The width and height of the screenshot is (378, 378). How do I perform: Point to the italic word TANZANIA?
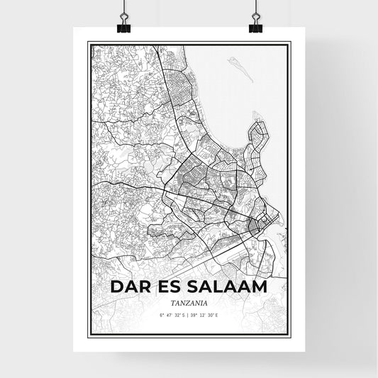189,301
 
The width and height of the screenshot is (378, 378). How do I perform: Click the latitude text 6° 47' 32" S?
172,314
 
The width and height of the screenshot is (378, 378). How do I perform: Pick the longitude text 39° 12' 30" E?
206,314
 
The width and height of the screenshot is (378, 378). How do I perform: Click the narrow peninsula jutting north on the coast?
257,134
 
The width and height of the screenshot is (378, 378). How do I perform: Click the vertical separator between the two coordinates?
189,314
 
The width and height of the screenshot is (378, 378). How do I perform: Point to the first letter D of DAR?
117,287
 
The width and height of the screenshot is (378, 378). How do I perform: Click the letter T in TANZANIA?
172,301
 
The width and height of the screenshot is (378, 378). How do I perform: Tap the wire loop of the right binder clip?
255,12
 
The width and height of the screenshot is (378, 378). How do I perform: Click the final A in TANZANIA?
205,301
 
